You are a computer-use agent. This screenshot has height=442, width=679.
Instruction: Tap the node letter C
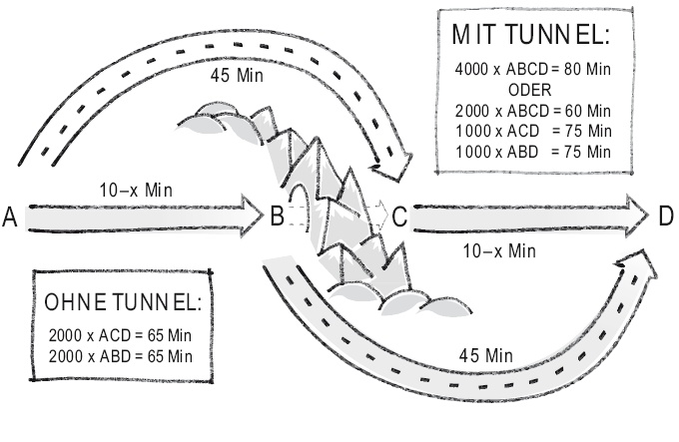(398, 216)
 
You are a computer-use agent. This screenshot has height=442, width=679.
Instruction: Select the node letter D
(665, 216)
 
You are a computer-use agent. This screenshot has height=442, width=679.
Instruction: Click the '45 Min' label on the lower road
(487, 355)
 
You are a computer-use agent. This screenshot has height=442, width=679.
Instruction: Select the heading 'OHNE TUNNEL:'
(124, 302)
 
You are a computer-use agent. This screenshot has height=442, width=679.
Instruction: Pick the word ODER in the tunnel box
(531, 88)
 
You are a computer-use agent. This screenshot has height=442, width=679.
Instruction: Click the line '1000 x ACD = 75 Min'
(530, 130)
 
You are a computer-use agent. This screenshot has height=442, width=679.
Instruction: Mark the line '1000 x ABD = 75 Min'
(530, 150)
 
